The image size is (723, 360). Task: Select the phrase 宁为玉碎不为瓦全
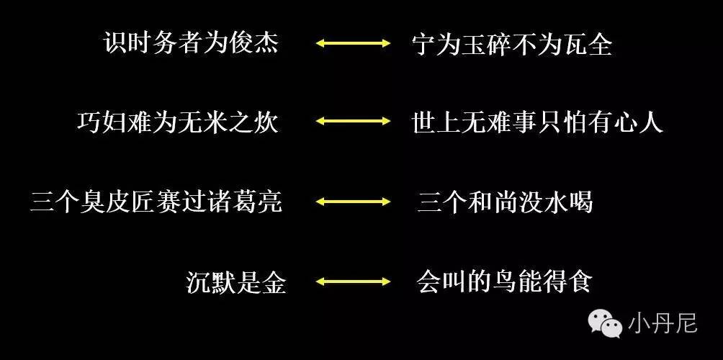click(511, 45)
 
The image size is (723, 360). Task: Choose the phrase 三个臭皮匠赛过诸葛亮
click(156, 202)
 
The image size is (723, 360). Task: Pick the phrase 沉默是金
click(235, 282)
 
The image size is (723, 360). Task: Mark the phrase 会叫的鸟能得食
click(503, 282)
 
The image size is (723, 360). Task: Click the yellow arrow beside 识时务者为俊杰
click(354, 44)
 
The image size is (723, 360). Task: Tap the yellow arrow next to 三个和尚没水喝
click(354, 202)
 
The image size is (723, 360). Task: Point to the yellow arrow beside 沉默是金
click(354, 282)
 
